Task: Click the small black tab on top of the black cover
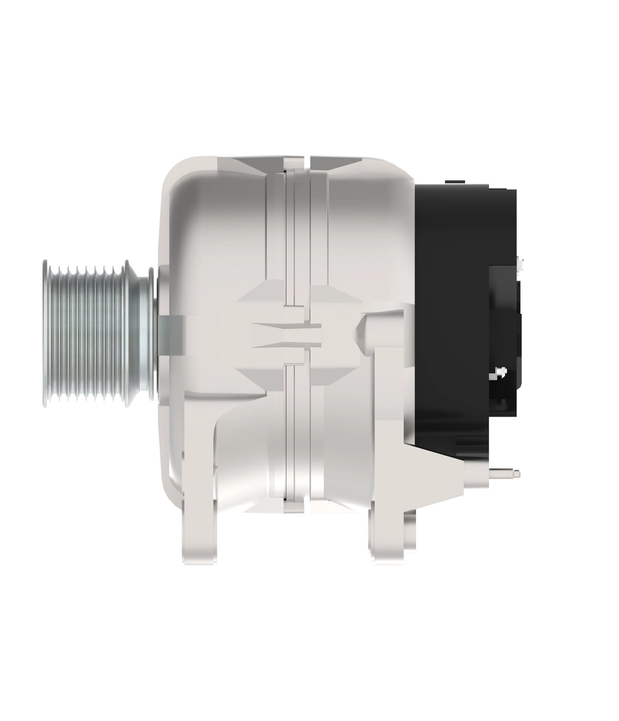(x=455, y=182)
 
